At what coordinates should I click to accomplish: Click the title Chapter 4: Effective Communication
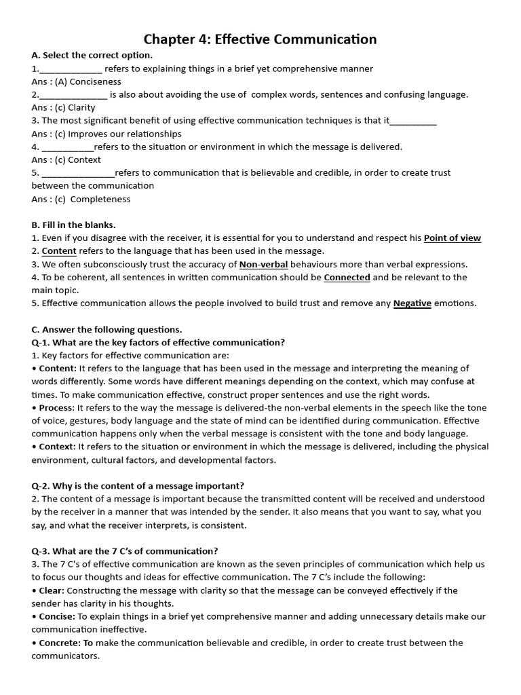[x=260, y=39]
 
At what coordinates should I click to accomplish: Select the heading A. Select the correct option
[x=92, y=55]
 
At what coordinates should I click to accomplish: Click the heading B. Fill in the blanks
[x=75, y=225]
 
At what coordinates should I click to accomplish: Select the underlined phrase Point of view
[x=452, y=238]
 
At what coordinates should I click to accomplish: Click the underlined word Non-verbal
[x=264, y=264]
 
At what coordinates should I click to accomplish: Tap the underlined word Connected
[x=347, y=277]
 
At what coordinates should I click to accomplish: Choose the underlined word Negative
[x=412, y=303]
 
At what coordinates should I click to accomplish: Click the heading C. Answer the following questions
[x=107, y=329]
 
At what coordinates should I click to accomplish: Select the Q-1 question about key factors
[x=158, y=342]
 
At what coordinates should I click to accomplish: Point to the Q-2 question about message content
[x=138, y=485]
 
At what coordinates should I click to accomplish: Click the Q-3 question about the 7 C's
[x=125, y=550]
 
